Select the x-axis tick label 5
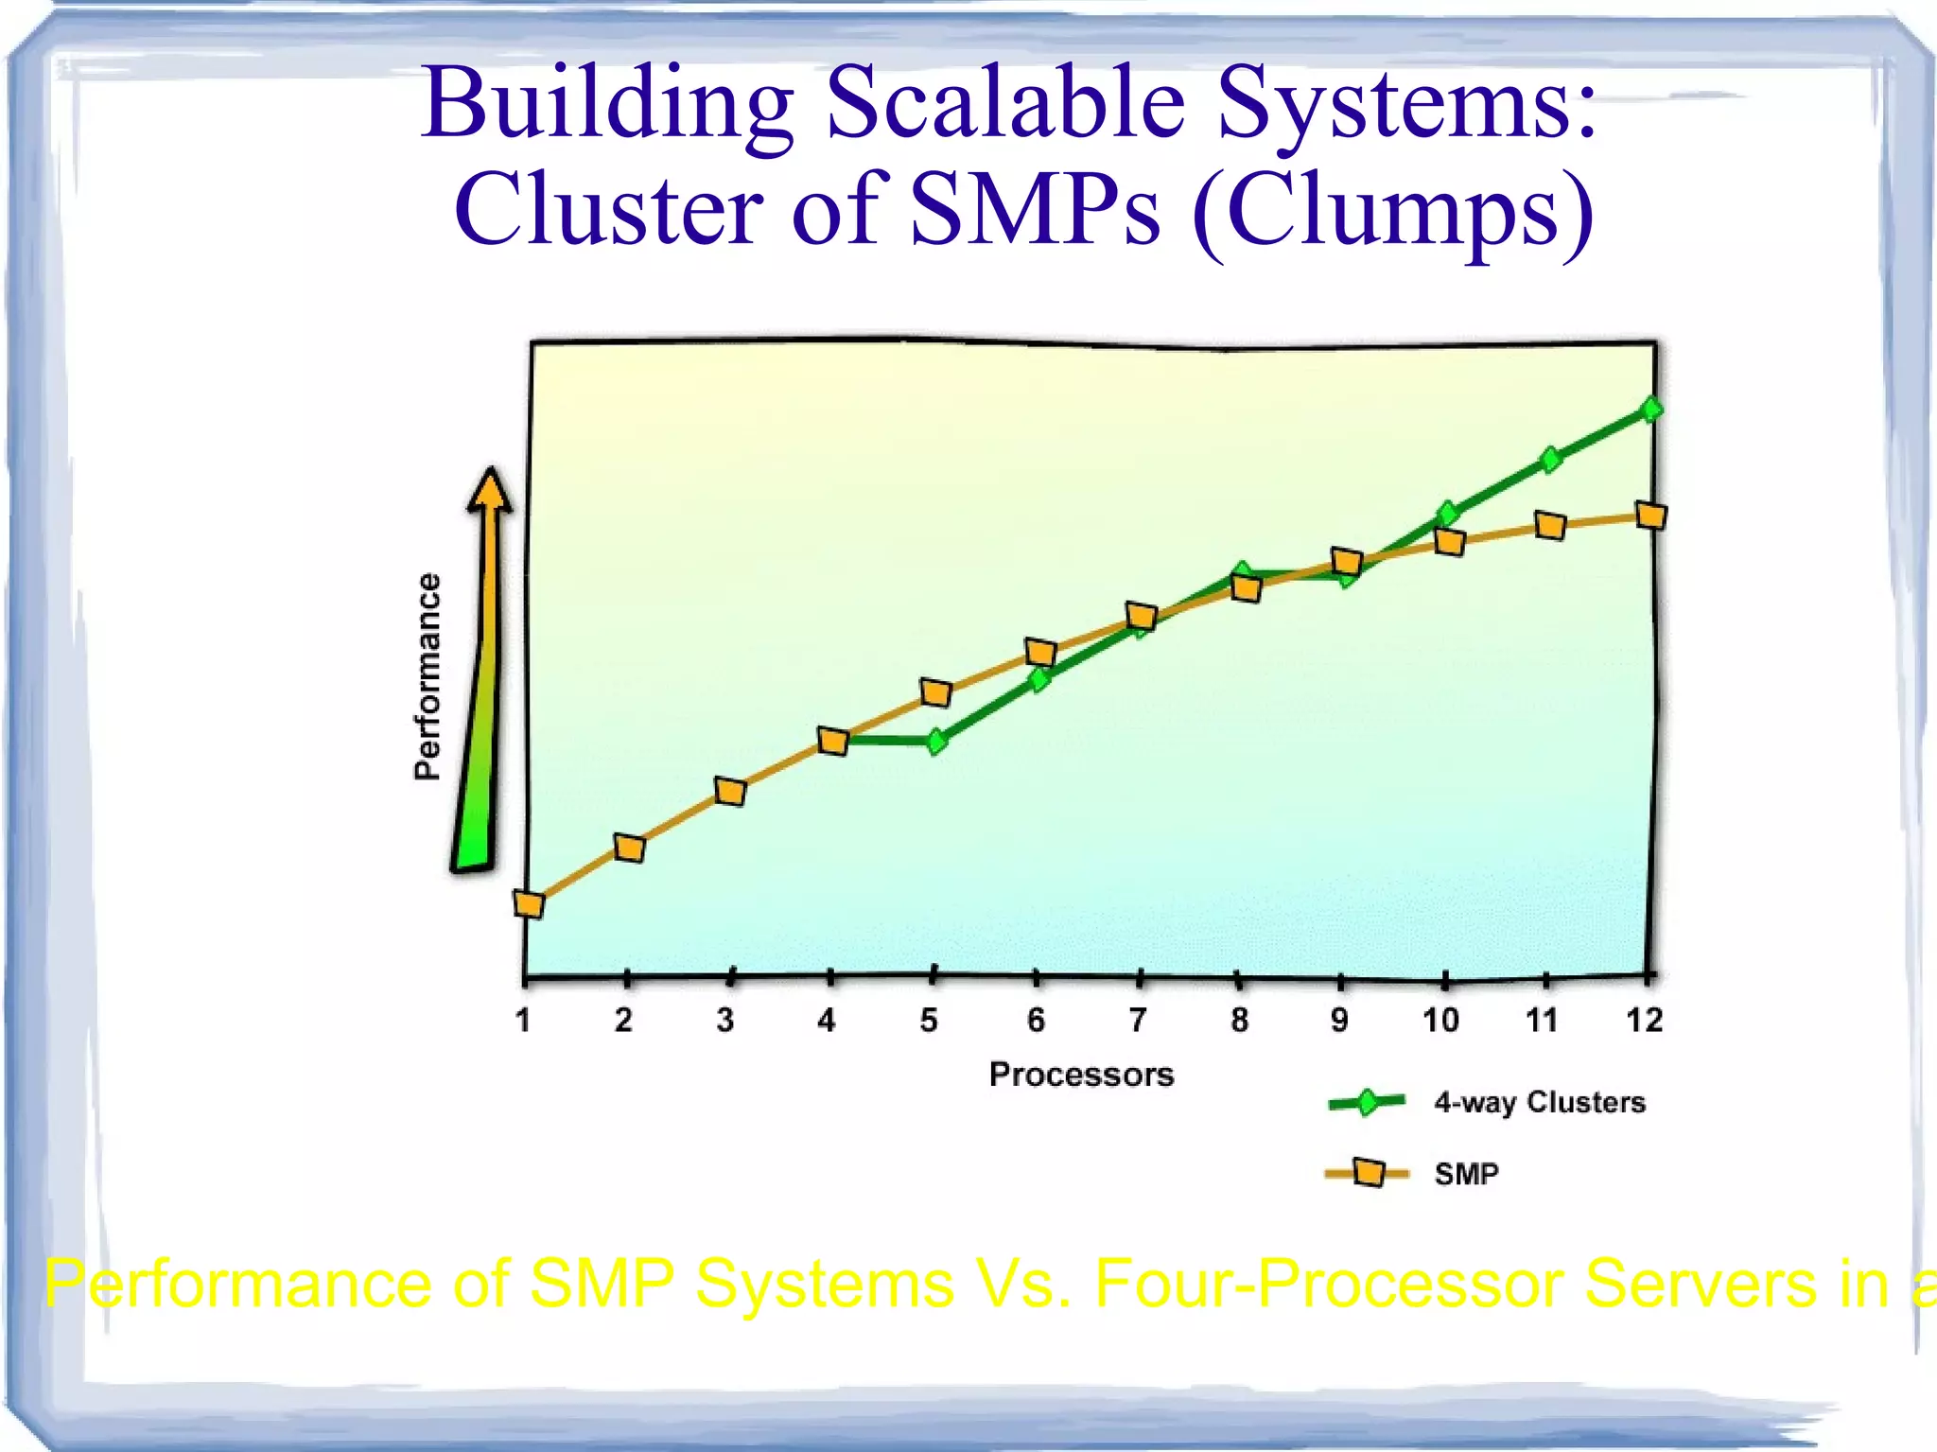click(x=929, y=1020)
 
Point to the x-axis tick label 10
click(x=1440, y=1020)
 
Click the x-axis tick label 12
click(x=1644, y=1020)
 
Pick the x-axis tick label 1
click(x=523, y=1020)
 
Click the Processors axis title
click(x=1081, y=1075)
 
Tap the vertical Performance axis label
click(x=428, y=675)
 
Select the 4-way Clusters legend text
click(x=1539, y=1102)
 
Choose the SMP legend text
click(x=1466, y=1174)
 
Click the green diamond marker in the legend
click(x=1367, y=1102)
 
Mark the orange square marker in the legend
click(x=1368, y=1173)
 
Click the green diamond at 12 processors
click(x=1651, y=409)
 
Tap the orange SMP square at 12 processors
click(x=1651, y=516)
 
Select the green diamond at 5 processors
click(x=936, y=742)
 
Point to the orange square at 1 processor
click(x=529, y=904)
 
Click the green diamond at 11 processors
click(x=1550, y=460)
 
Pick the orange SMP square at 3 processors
click(x=730, y=791)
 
